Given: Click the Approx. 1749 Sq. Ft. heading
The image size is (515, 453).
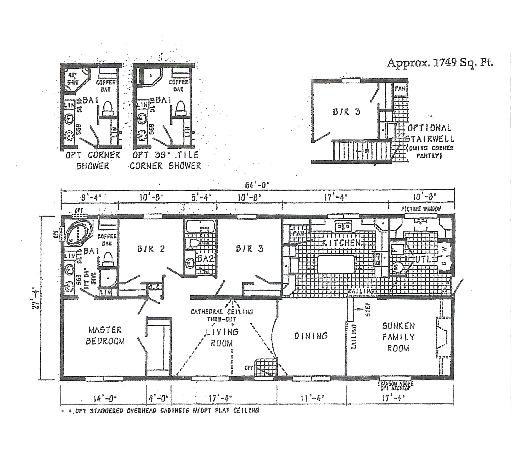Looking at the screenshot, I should (x=440, y=63).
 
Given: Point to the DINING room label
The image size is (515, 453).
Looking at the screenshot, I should (x=311, y=336).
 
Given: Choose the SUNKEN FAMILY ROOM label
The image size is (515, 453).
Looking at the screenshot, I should (x=398, y=337).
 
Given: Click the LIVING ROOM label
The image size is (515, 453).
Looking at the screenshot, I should (x=222, y=337).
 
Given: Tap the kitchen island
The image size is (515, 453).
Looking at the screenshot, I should (x=336, y=264).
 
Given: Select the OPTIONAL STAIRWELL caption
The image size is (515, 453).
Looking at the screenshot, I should (x=429, y=133).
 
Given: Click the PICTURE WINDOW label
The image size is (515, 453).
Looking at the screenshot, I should (x=421, y=209).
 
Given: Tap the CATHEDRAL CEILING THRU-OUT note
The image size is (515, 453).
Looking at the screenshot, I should (x=222, y=315).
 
